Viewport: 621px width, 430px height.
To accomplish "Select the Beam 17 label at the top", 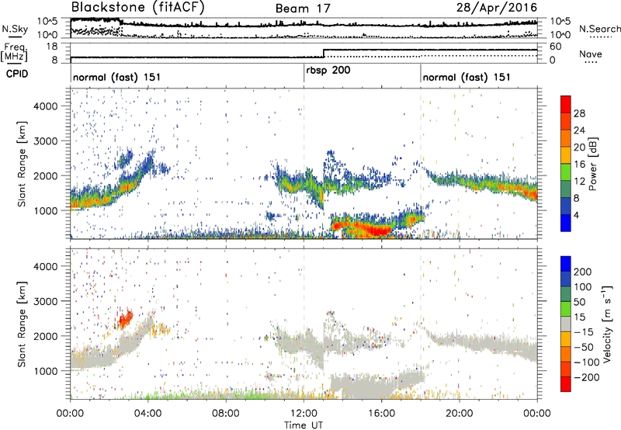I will (x=304, y=9).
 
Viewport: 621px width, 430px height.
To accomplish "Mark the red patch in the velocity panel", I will (x=125, y=318).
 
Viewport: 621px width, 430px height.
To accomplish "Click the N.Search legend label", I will (x=595, y=29).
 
